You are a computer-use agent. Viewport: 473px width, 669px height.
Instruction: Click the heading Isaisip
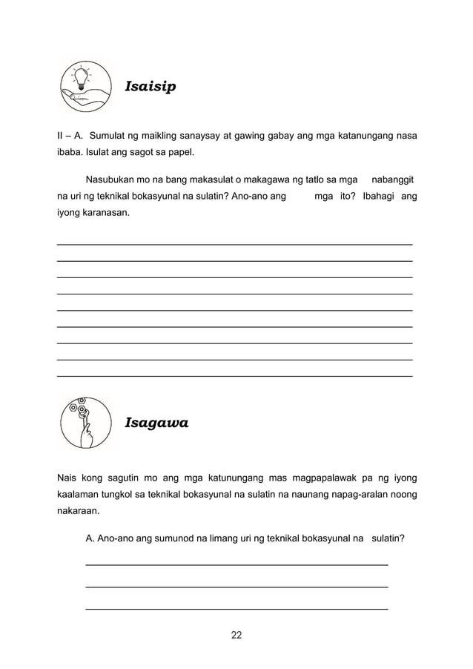click(x=150, y=88)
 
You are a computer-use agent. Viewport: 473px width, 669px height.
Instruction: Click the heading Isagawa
click(x=156, y=424)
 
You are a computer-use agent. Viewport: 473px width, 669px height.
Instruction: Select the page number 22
click(x=236, y=635)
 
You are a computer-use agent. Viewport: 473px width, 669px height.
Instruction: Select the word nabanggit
click(x=392, y=179)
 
